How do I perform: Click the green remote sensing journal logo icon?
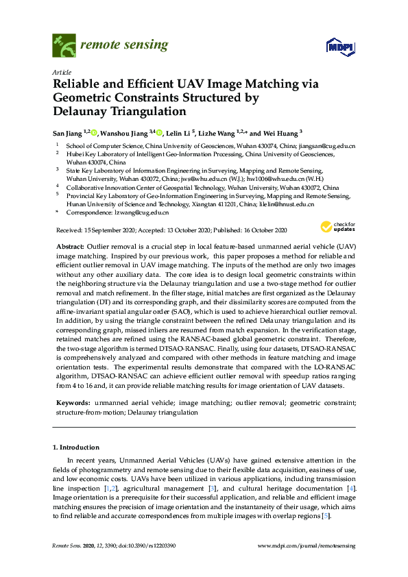point(64,46)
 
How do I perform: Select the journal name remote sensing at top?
point(124,46)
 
